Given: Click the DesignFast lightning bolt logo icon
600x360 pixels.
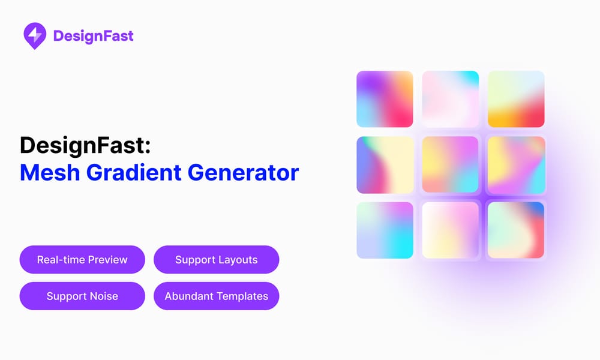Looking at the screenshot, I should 35,35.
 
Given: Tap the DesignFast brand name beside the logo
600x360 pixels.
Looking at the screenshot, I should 93,36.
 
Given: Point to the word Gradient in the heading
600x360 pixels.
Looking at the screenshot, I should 134,173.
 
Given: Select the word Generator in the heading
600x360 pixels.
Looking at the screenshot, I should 243,173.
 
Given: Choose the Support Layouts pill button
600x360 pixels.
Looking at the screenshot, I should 216,260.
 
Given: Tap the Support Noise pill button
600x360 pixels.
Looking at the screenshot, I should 82,296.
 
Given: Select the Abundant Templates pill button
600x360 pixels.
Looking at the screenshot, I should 216,296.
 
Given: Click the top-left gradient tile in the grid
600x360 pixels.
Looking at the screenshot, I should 385,99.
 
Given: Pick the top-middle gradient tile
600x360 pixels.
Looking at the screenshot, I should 450,99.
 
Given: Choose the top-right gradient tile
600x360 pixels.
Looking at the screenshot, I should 516,99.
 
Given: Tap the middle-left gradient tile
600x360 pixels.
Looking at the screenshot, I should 385,165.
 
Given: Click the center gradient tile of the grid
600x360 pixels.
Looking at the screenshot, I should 450,165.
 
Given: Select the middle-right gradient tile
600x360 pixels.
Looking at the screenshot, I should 516,165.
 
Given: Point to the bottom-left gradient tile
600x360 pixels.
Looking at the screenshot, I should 385,230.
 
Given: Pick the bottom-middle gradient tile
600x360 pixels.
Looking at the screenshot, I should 450,230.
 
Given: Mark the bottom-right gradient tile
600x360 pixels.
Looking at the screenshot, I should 516,230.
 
